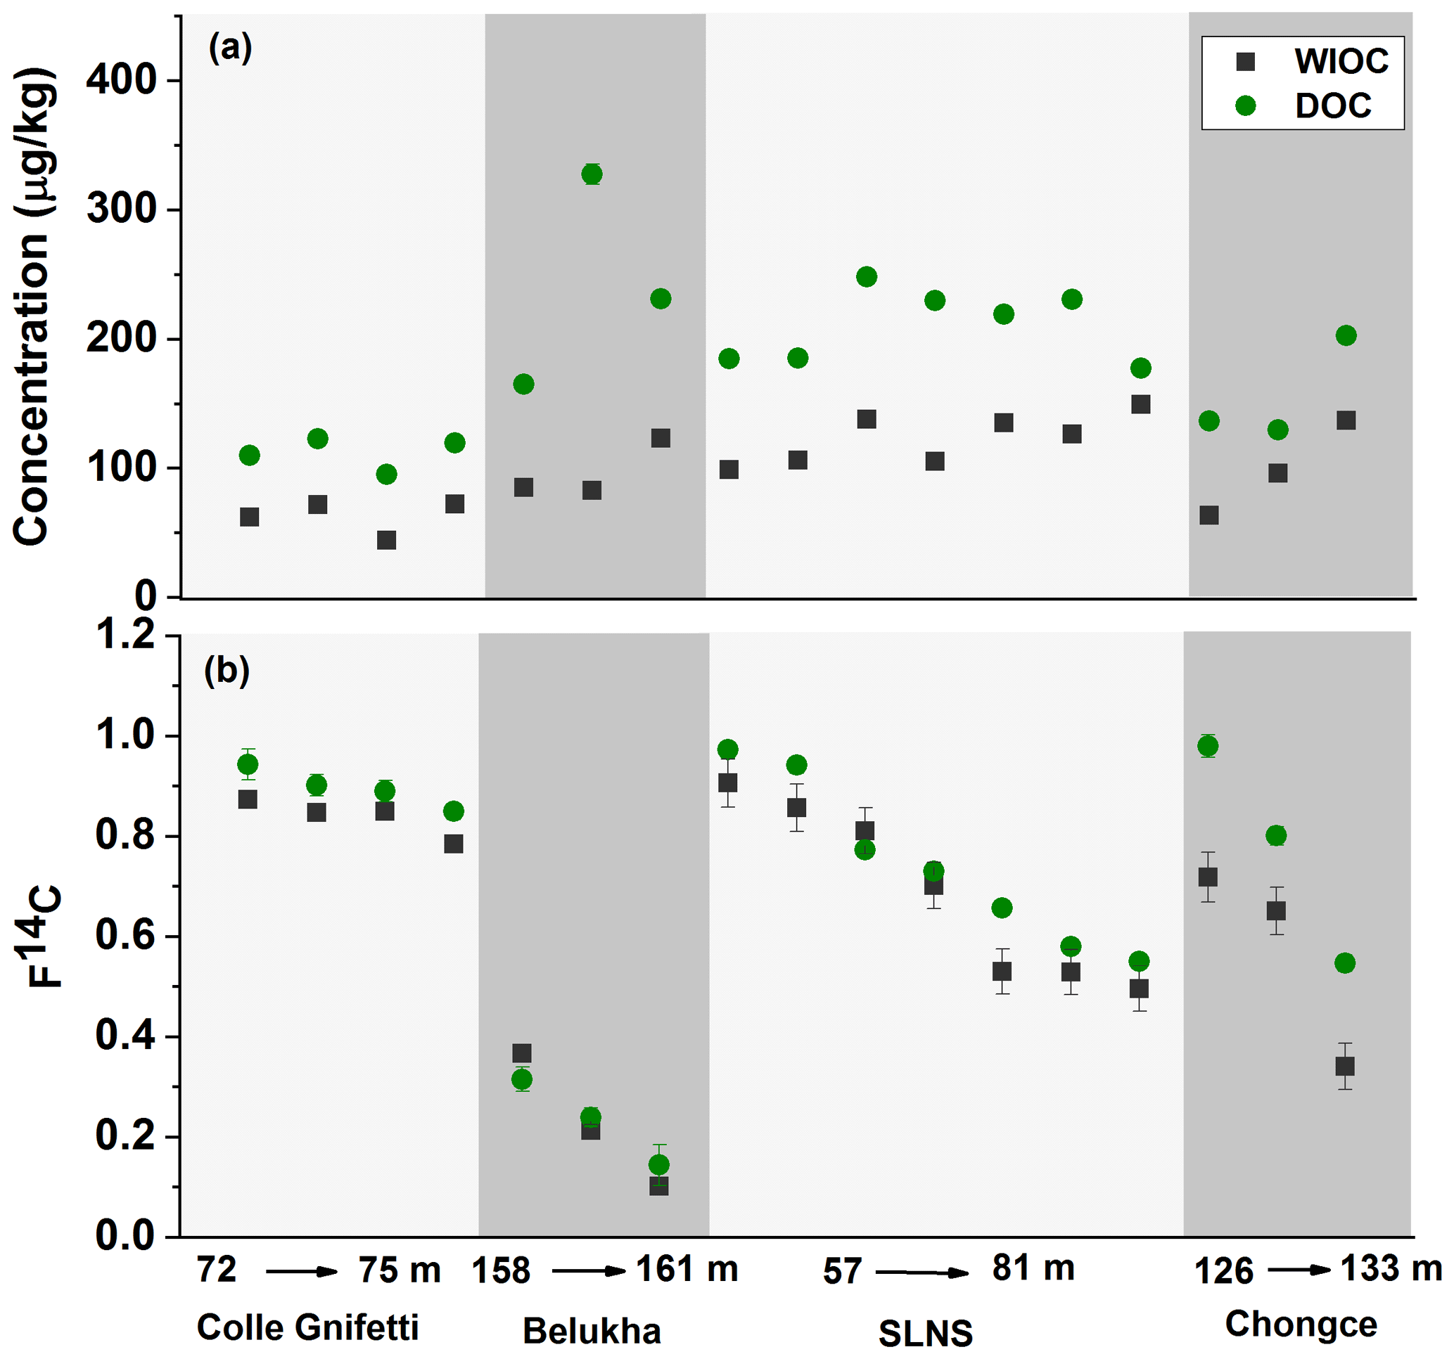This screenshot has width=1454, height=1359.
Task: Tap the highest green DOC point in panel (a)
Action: (x=592, y=174)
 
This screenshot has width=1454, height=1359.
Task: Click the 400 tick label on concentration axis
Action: (x=122, y=79)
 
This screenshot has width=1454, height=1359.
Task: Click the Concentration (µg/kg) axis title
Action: (x=32, y=307)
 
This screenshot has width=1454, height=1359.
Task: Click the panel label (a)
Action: (x=231, y=49)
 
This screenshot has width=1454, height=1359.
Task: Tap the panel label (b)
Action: (x=227, y=669)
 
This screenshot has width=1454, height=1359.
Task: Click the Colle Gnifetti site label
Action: (x=307, y=1327)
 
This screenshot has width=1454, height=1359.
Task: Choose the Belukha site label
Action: (x=591, y=1330)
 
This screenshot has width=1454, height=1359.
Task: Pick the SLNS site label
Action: (x=925, y=1334)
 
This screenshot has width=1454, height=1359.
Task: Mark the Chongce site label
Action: (x=1301, y=1324)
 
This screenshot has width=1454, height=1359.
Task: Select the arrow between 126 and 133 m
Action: (x=1300, y=1270)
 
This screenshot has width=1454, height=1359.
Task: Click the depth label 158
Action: (x=500, y=1270)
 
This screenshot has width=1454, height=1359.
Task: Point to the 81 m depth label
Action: (x=1033, y=1268)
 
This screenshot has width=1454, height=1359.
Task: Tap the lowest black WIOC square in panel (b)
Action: (x=659, y=1186)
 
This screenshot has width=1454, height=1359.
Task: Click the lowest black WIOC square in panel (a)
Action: (x=386, y=540)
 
